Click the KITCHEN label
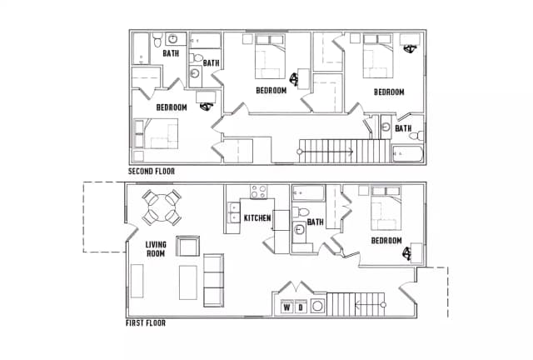coord(257,217)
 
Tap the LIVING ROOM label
coord(156,249)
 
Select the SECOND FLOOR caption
coord(152,171)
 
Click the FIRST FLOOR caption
coord(146,322)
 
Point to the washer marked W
coord(287,307)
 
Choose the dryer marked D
coord(301,307)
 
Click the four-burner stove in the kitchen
coord(259,192)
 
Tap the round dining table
coord(162,207)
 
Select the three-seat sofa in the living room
coord(213,280)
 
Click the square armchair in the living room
coord(187,246)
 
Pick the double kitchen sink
coord(234,212)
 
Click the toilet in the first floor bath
coord(301,212)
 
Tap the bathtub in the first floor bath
coord(309,193)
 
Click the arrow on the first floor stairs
coord(370,304)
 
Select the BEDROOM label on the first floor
coord(386,241)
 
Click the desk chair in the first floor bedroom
coord(407,253)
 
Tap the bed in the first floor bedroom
coord(386,207)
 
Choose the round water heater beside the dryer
coord(317,306)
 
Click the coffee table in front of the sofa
coord(188,282)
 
